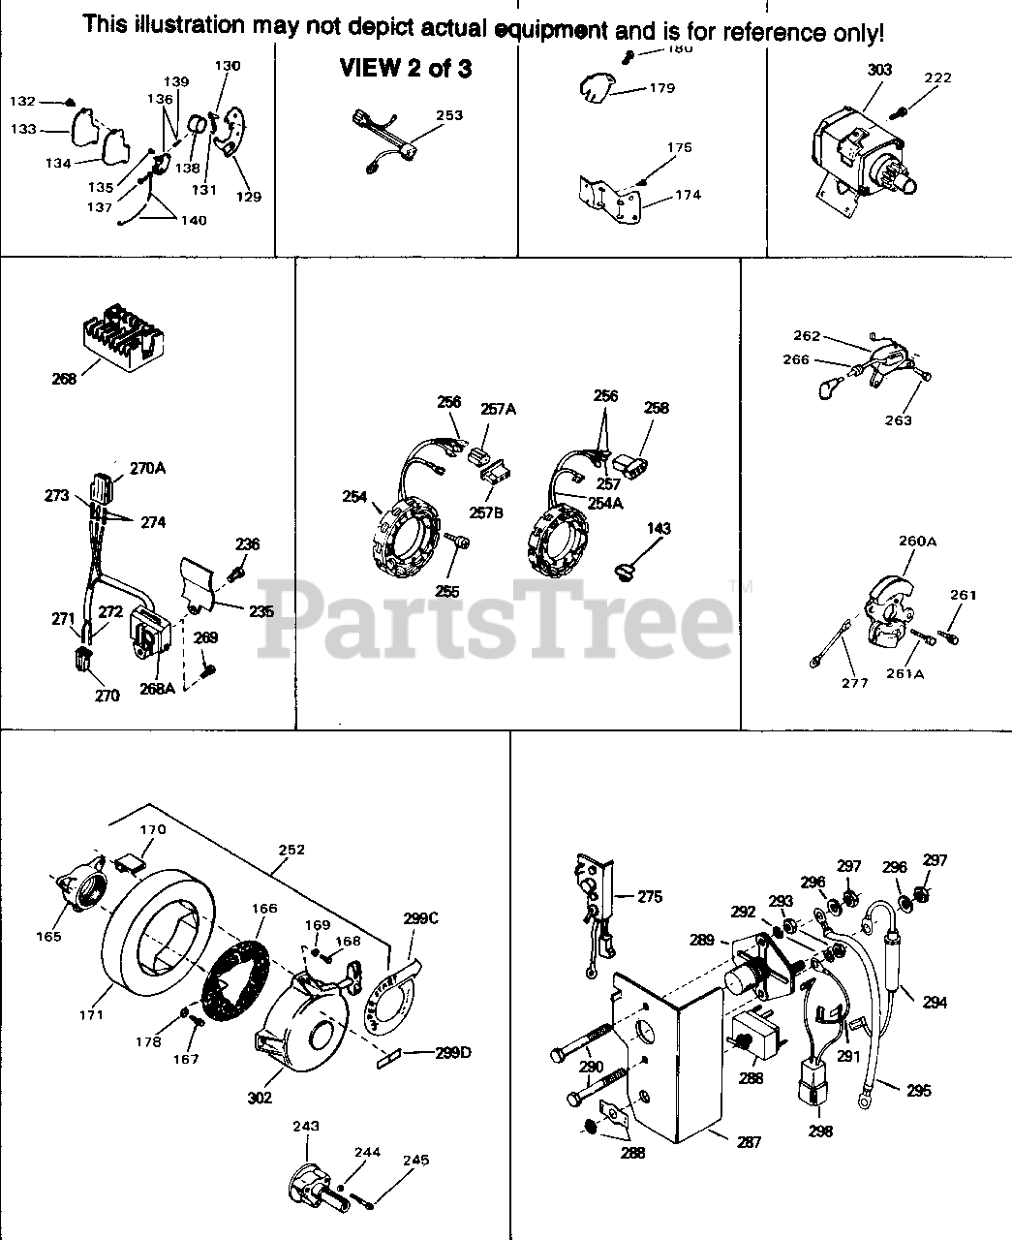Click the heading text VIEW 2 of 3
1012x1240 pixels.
tap(405, 69)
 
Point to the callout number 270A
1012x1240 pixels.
tap(147, 468)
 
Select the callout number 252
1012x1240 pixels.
tap(291, 850)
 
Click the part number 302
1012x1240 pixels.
tap(260, 1098)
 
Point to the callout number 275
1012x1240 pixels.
tap(649, 897)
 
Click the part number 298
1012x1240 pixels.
tap(819, 1130)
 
